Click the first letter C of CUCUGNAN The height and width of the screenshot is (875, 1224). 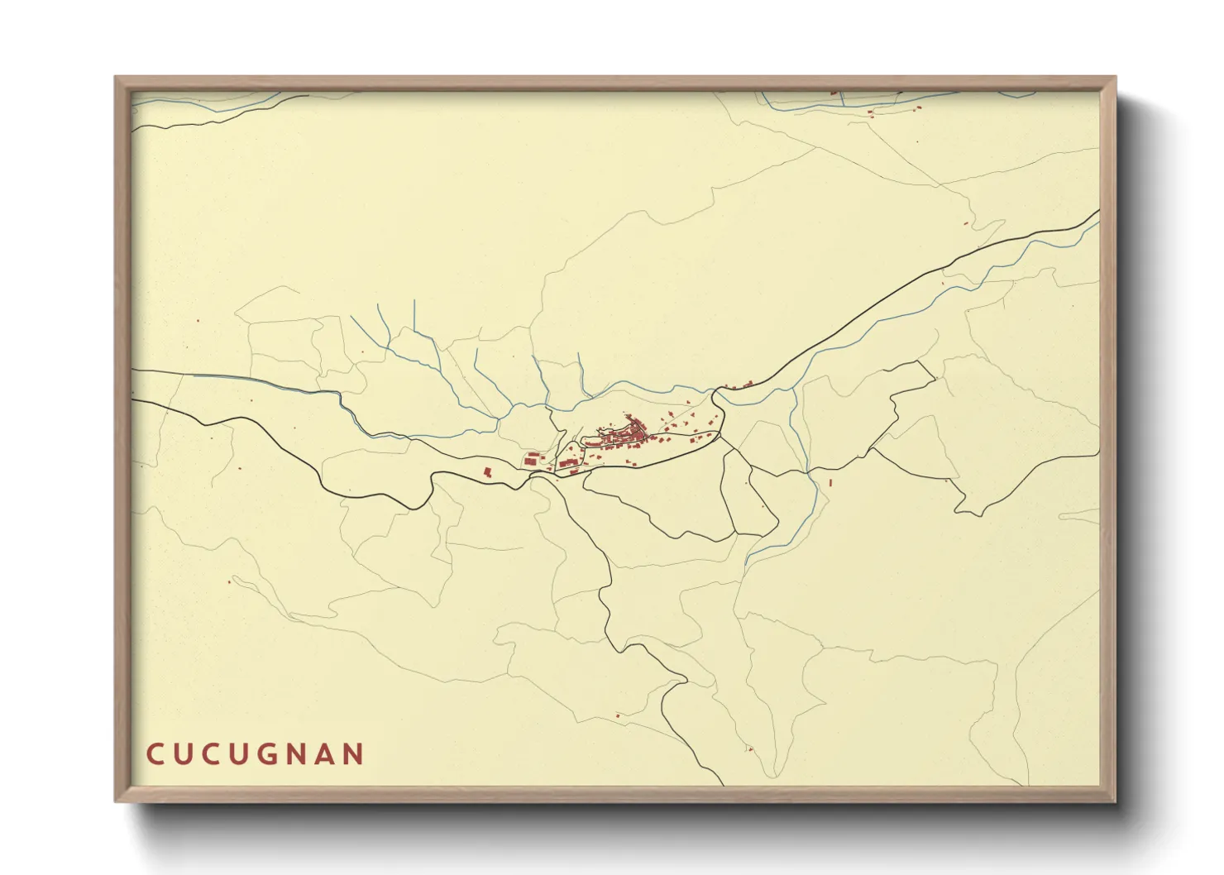(x=155, y=754)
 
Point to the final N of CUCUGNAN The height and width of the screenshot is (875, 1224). (x=354, y=754)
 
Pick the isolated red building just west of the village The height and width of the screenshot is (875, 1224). (x=488, y=471)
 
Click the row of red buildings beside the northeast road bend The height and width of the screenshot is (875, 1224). (x=739, y=385)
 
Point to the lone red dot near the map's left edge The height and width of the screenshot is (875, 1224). (x=198, y=322)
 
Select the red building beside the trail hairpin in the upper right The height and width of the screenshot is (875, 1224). (x=966, y=223)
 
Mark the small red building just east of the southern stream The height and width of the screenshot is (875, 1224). (x=830, y=481)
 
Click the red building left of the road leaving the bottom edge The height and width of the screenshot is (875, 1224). (x=618, y=715)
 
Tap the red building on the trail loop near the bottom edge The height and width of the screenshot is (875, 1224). (x=750, y=750)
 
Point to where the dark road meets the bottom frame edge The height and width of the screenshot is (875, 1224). (x=724, y=785)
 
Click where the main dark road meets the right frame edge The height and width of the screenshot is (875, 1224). (x=1098, y=211)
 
